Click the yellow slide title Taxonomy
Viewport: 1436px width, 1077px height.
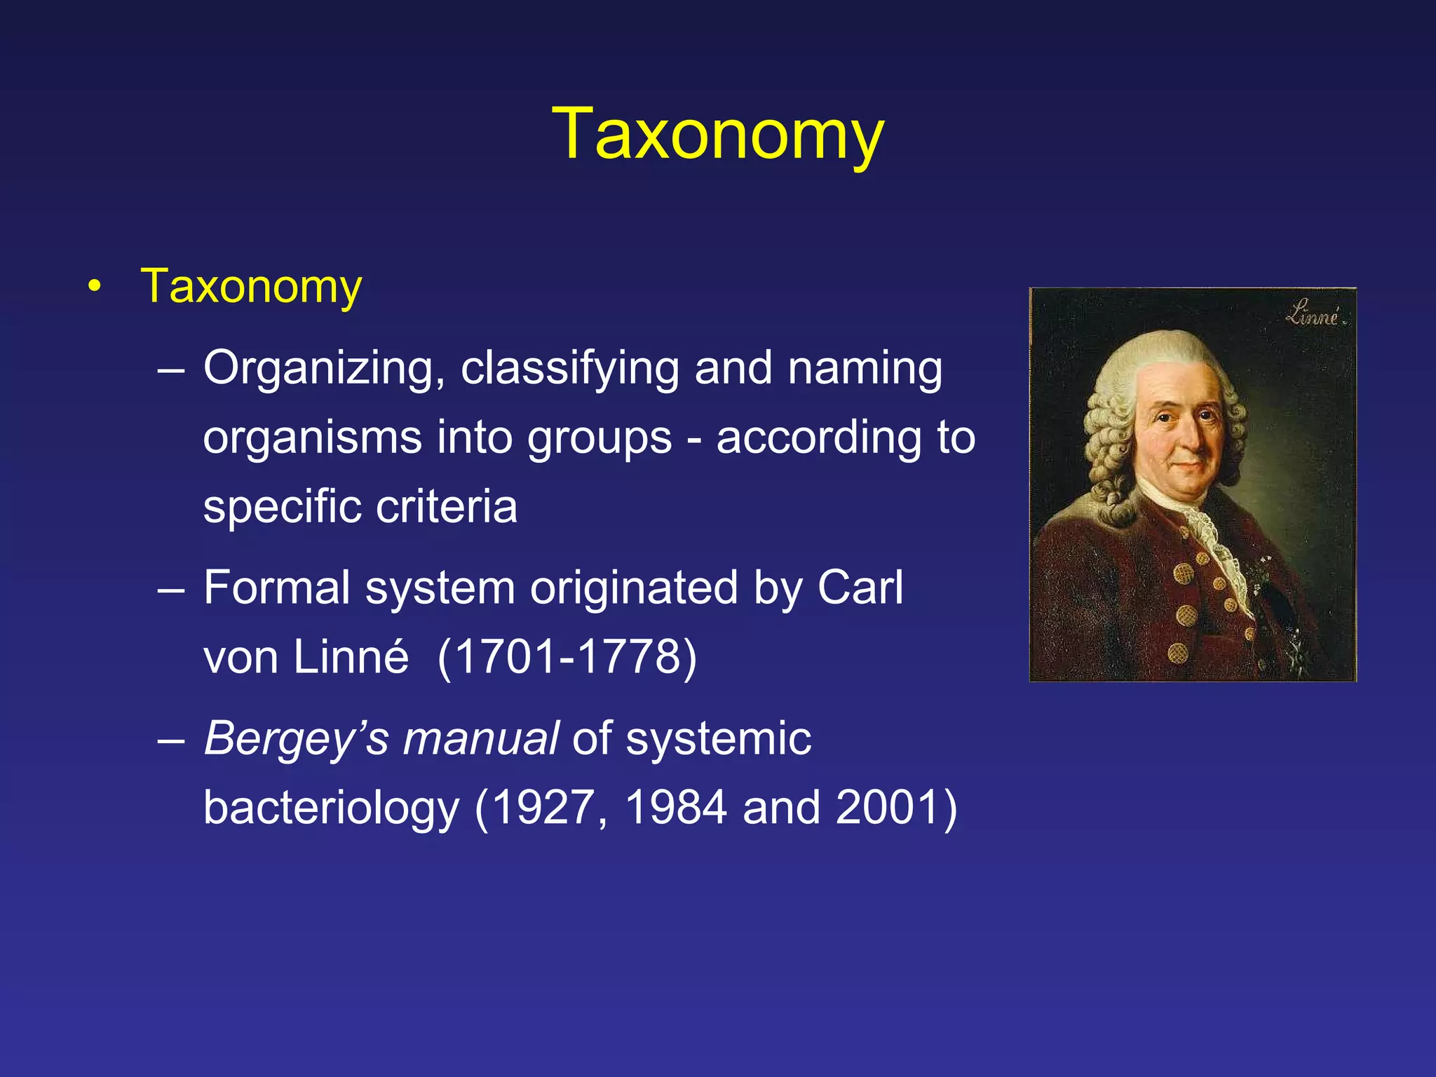pyautogui.click(x=717, y=135)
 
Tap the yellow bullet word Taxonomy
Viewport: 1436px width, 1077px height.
pyautogui.click(x=251, y=287)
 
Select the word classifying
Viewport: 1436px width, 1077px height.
pyautogui.click(x=569, y=369)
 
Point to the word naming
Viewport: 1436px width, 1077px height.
pyautogui.click(x=865, y=369)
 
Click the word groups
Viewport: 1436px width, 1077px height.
pyautogui.click(x=600, y=438)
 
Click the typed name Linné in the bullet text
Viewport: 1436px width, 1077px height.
pyautogui.click(x=351, y=656)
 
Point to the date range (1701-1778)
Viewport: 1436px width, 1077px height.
pyautogui.click(x=567, y=656)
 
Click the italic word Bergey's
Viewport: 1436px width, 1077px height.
pyautogui.click(x=295, y=739)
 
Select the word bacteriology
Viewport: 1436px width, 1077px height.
pyautogui.click(x=331, y=808)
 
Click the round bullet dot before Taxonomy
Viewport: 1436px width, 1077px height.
pyautogui.click(x=95, y=287)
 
